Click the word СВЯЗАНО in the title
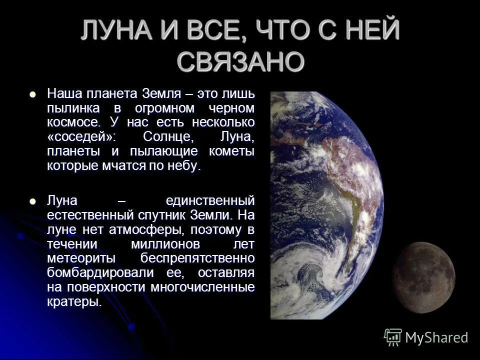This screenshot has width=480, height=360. point(240,61)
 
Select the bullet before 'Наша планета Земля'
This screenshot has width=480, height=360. point(33,93)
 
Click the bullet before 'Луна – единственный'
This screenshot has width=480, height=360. point(33,201)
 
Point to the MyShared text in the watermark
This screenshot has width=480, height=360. point(436,338)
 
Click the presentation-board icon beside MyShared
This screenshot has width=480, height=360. point(393,337)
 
